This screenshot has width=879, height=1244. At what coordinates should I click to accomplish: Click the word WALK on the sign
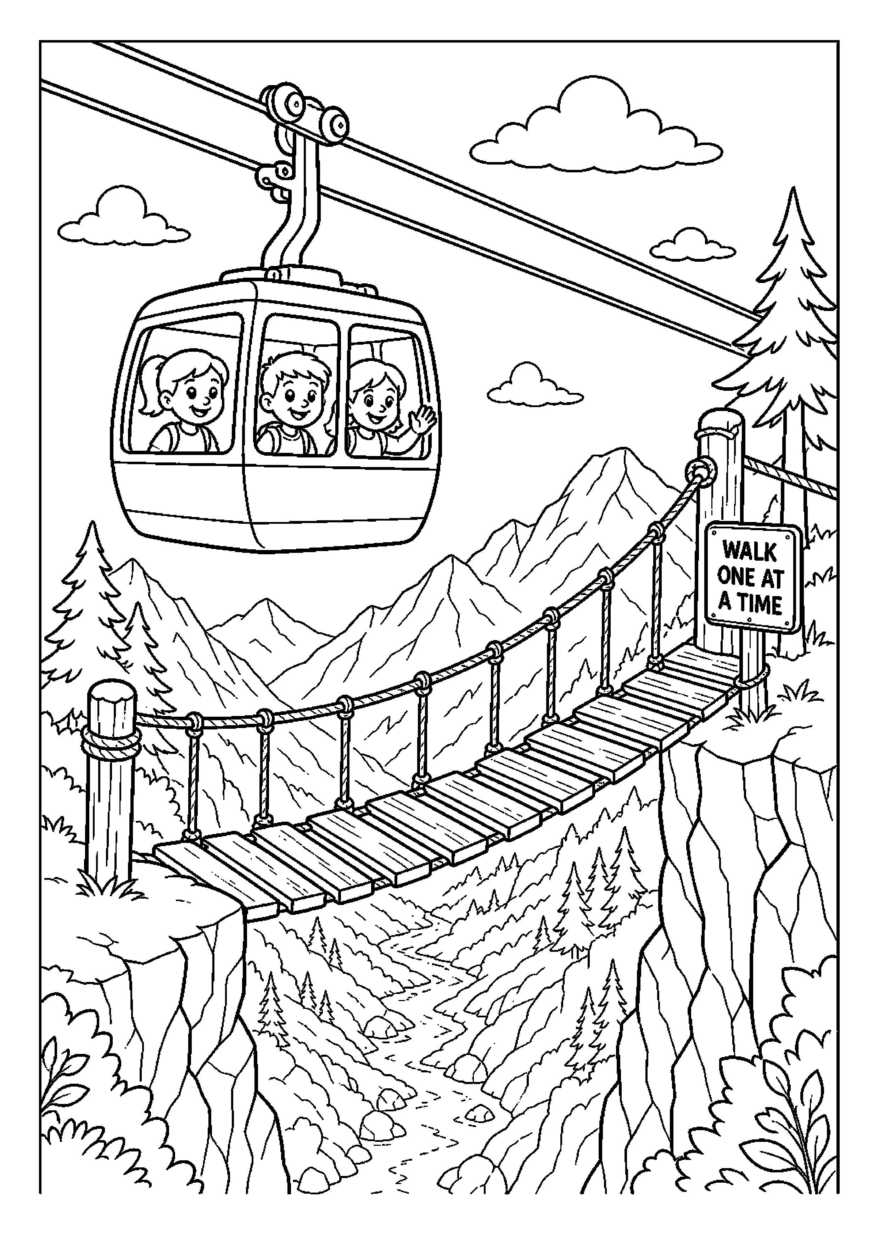point(750,552)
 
